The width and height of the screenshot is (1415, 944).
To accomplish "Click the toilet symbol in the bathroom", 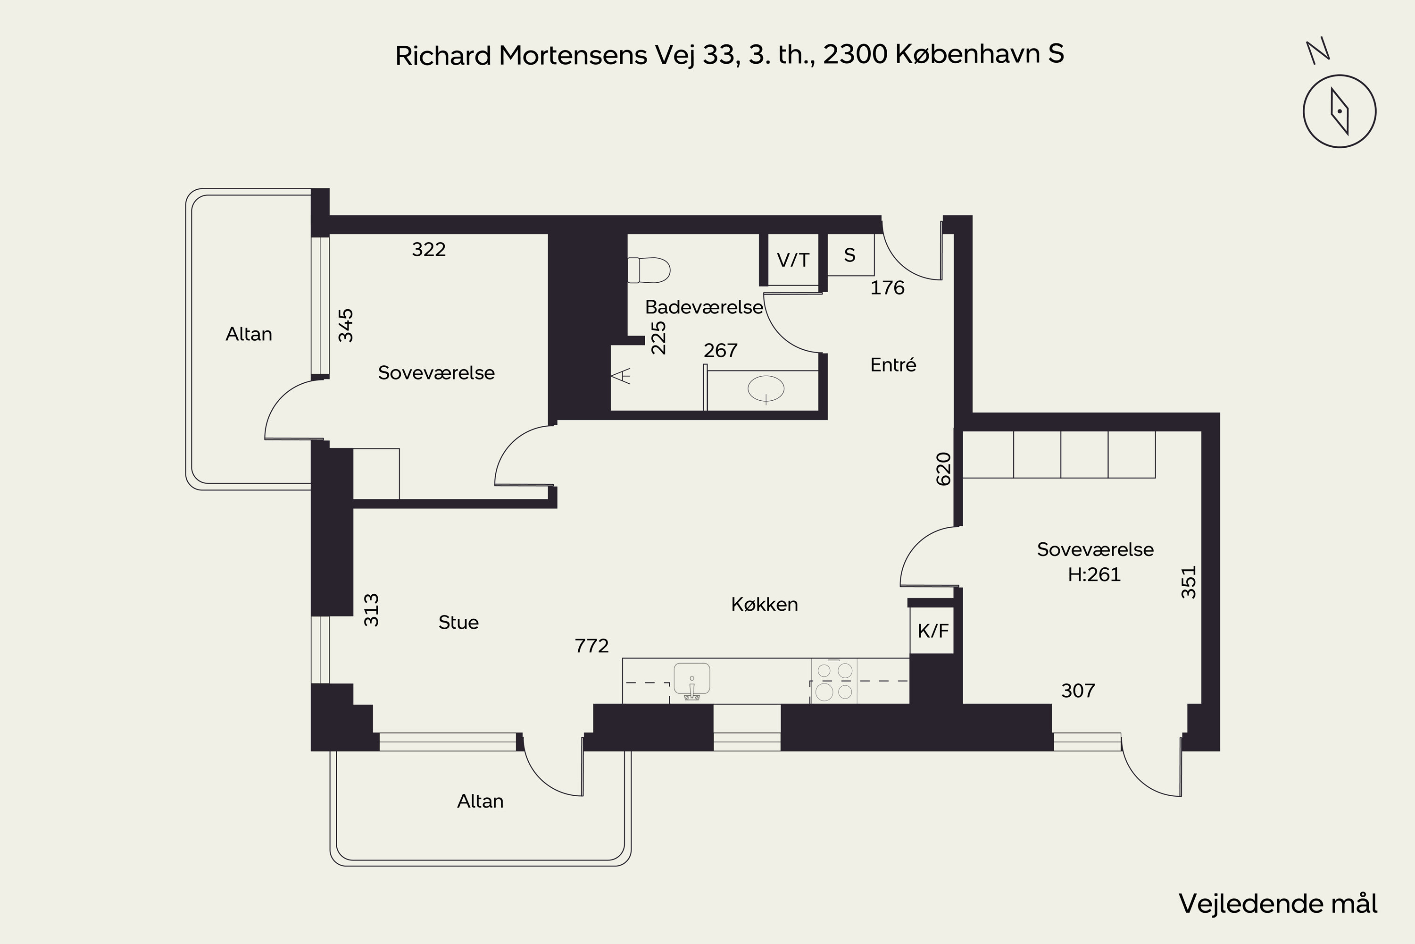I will pos(649,270).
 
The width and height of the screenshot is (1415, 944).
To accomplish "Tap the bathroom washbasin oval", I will pos(766,389).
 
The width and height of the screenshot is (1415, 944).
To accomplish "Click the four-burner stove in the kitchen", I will pos(834,681).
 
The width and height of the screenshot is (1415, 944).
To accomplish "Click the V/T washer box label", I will pos(793,260).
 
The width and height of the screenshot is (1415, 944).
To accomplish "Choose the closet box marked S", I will pos(850,255).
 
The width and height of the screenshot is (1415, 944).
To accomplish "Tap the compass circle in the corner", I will pos(1339,111).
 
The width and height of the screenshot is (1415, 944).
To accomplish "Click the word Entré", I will pos(893,365).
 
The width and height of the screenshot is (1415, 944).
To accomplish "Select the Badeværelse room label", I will pos(704,307).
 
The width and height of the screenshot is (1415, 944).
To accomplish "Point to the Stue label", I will pos(458,623).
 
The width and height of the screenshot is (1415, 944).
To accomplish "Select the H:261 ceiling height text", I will pos(1094,575).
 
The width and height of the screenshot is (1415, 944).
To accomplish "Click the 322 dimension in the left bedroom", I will pos(429,249).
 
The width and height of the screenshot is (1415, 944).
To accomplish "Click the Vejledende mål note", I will pos(1278,904).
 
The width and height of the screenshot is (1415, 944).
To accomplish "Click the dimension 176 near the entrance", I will pos(887,288).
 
